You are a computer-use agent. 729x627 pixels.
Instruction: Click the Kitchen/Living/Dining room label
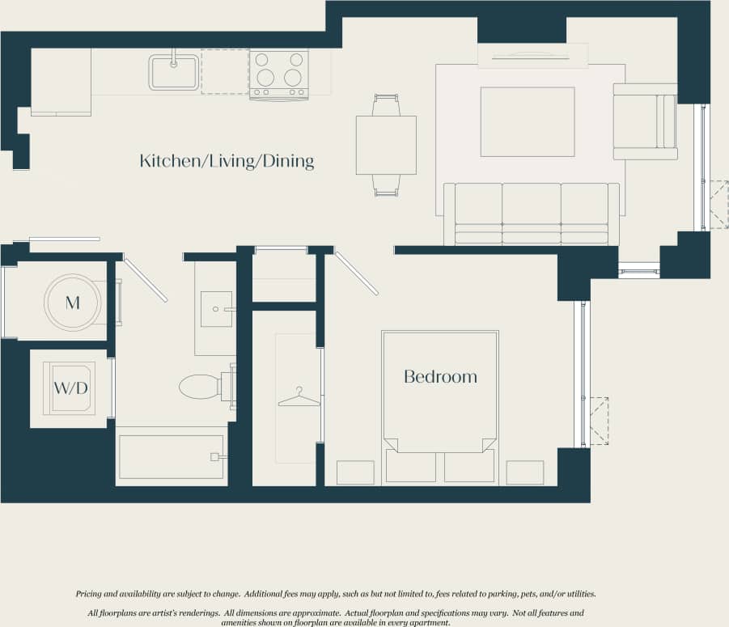(x=227, y=161)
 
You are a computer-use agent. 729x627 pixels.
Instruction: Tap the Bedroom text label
(x=440, y=376)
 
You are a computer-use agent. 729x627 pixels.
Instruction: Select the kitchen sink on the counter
(x=173, y=72)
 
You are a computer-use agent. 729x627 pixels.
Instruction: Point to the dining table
(x=386, y=145)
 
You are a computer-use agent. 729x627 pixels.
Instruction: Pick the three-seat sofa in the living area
(x=531, y=214)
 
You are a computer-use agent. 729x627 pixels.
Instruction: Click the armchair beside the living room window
(x=644, y=121)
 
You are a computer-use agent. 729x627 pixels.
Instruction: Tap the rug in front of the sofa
(x=528, y=121)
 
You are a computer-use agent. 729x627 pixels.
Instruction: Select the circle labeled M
(x=73, y=303)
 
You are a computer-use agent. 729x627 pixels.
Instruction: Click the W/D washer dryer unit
(x=70, y=388)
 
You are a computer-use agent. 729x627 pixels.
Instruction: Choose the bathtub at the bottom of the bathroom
(x=171, y=457)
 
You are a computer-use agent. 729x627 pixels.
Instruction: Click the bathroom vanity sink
(x=216, y=309)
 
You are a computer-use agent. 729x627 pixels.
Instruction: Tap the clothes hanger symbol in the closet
(x=299, y=398)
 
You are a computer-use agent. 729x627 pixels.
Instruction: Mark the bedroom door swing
(x=356, y=273)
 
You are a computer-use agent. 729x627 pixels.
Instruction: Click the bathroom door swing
(x=146, y=280)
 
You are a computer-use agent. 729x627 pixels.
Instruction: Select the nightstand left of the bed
(x=355, y=472)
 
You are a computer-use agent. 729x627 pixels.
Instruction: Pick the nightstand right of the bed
(x=524, y=472)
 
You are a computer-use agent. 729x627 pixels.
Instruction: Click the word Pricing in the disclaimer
(x=89, y=594)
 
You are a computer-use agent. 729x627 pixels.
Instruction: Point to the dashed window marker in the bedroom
(x=598, y=421)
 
